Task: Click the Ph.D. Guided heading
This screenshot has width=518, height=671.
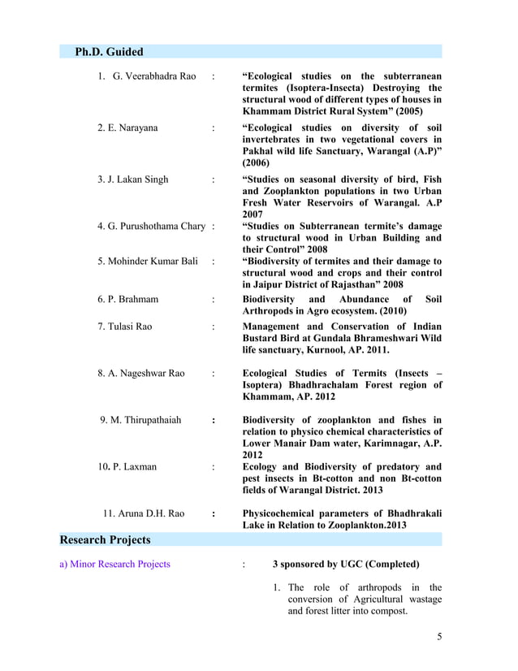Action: click(109, 52)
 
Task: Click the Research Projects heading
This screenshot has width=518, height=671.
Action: click(106, 539)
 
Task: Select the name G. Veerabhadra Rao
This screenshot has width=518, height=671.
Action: click(154, 76)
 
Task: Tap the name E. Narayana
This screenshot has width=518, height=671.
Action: click(127, 128)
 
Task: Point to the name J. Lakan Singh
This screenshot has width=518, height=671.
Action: click(133, 179)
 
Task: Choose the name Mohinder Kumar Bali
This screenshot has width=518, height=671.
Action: click(148, 261)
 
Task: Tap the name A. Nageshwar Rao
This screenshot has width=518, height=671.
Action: click(141, 374)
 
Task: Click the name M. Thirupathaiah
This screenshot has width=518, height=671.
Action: click(140, 420)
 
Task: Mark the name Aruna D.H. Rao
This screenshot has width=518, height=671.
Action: click(143, 513)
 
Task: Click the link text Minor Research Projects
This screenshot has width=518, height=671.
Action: click(121, 564)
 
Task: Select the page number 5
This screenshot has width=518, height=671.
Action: click(439, 635)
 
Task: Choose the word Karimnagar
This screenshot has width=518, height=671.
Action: click(388, 444)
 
